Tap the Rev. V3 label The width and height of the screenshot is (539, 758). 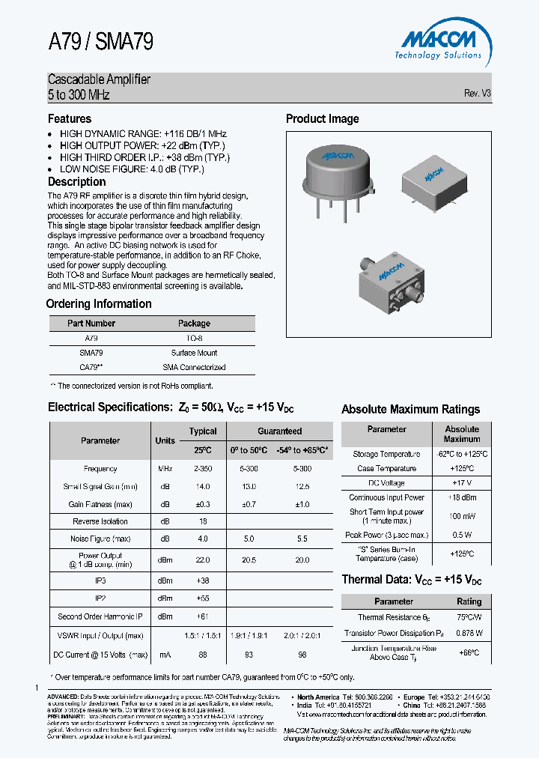pos(477,94)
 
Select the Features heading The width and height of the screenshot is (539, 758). pos(70,119)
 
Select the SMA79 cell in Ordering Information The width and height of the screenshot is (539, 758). pos(91,353)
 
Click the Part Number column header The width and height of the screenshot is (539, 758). pos(91,324)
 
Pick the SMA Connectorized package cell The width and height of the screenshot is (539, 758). pos(194,367)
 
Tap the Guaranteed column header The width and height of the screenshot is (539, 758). pos(280,431)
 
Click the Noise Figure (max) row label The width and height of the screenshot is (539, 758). pos(100,539)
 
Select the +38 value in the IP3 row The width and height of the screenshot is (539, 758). pos(203,580)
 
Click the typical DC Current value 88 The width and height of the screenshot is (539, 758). pos(203,655)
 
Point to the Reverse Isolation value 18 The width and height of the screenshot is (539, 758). pos(203,521)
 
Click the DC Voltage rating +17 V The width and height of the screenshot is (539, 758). pos(462,483)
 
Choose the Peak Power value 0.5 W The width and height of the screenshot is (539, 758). pos(462,535)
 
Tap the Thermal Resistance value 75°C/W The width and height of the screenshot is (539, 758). pos(469,618)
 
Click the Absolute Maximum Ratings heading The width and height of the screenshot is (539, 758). pos(410,410)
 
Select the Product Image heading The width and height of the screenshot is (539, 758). pos(322,119)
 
